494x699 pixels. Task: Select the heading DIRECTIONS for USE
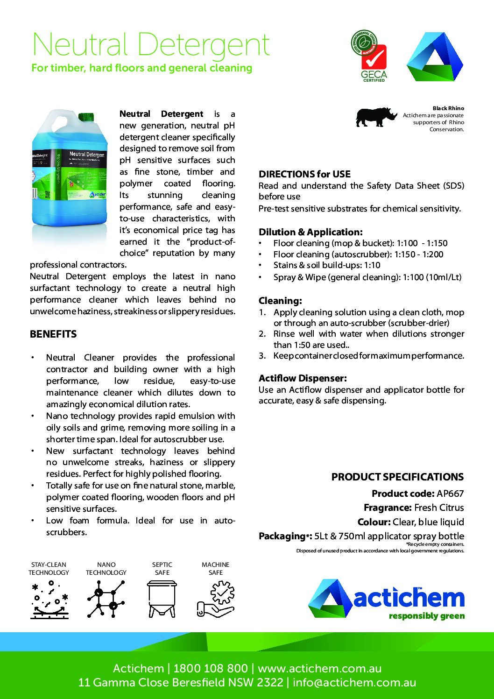(x=304, y=174)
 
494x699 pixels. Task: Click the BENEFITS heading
(x=53, y=334)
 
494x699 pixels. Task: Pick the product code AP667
(x=450, y=494)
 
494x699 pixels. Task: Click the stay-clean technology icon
(x=49, y=600)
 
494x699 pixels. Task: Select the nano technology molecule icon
(x=106, y=600)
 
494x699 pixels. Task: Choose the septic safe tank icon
(x=162, y=600)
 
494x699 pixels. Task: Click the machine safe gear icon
(x=216, y=600)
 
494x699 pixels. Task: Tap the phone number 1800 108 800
(x=210, y=668)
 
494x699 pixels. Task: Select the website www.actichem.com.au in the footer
(x=319, y=668)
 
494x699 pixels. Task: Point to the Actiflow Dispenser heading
(x=303, y=378)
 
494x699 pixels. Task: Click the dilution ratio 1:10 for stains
(x=372, y=265)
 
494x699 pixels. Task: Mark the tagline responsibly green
(x=426, y=616)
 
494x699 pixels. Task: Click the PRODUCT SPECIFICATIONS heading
(x=397, y=477)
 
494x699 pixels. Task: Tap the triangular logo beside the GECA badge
(x=434, y=57)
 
